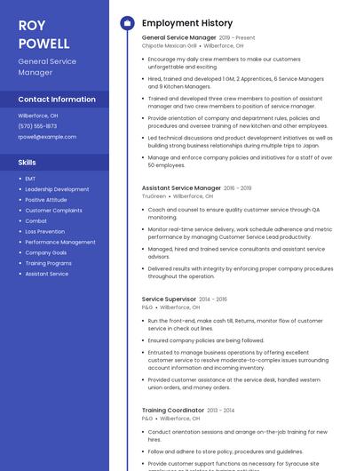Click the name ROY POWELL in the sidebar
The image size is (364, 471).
click(44, 34)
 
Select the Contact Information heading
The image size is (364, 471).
click(57, 100)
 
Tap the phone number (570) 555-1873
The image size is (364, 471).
click(37, 126)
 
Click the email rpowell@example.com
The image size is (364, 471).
click(47, 137)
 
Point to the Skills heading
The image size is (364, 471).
click(28, 163)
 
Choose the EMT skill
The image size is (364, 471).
click(30, 179)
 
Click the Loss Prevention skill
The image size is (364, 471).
click(44, 231)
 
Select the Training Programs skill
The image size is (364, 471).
click(48, 263)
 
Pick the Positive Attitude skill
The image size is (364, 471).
click(45, 200)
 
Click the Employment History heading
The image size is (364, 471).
click(186, 23)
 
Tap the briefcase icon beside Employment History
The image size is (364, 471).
click(127, 23)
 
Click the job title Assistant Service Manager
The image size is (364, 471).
click(181, 188)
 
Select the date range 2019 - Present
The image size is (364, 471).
click(237, 38)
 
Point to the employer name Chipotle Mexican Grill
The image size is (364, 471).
click(169, 45)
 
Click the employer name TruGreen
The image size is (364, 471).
click(154, 196)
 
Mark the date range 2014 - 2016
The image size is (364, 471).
click(213, 299)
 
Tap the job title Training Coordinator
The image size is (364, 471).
click(172, 410)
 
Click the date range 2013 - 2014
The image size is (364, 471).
click(219, 410)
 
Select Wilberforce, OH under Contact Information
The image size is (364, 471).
click(38, 116)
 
